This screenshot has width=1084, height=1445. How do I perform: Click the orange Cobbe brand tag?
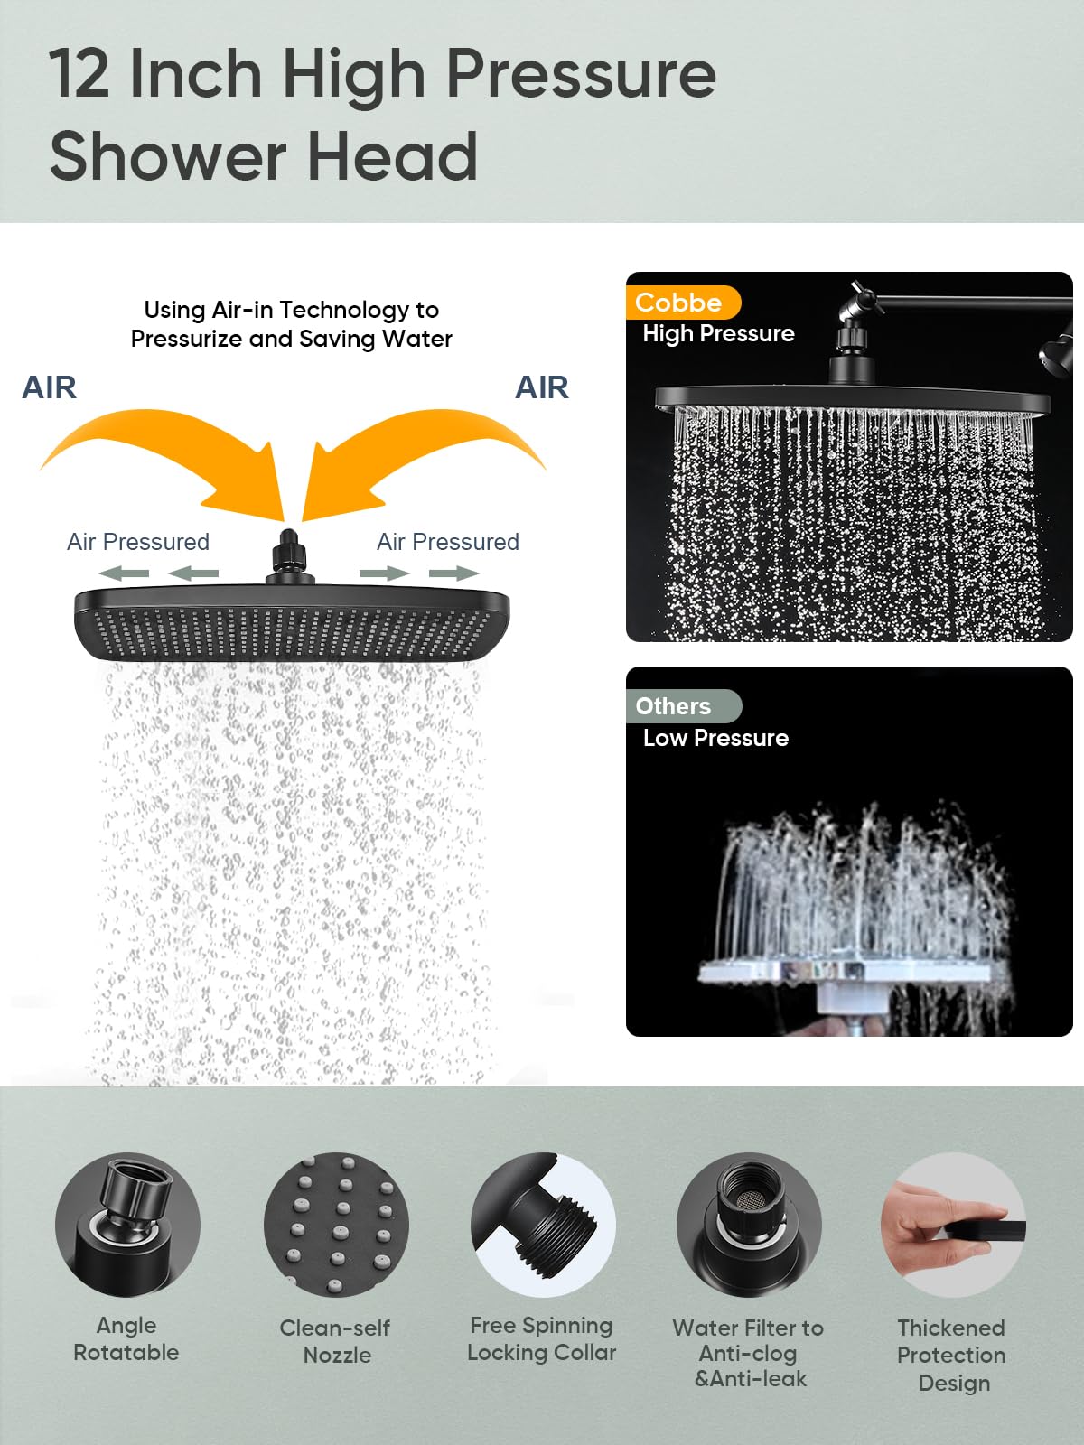[683, 303]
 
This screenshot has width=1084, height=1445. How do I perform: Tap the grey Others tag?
[683, 705]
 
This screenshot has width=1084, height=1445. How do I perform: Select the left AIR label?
[50, 387]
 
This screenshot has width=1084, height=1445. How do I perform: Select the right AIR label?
[541, 387]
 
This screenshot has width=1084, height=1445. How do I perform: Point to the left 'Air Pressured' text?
[138, 542]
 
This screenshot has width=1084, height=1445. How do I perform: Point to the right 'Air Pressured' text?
[447, 542]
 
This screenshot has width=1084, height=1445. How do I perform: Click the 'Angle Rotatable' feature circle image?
[127, 1225]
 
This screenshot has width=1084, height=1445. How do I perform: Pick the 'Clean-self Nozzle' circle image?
[336, 1225]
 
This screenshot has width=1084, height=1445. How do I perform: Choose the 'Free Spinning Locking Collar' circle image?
[543, 1225]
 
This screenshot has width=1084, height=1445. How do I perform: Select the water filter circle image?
[749, 1225]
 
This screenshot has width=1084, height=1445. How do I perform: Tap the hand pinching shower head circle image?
[954, 1225]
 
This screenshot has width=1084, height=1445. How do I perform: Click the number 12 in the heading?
[79, 74]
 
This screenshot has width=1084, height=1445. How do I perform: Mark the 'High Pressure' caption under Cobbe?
[719, 334]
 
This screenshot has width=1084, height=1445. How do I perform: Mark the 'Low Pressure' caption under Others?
[716, 738]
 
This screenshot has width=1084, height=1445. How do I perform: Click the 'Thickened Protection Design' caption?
[952, 1355]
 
